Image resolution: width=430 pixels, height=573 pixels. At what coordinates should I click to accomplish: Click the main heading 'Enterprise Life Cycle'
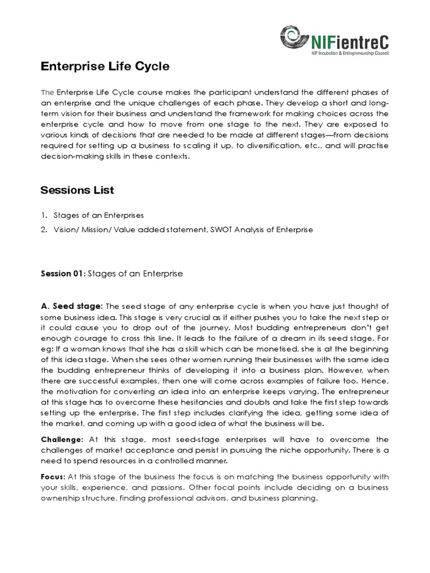(x=105, y=67)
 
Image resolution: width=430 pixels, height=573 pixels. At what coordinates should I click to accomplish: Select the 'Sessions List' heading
(x=77, y=190)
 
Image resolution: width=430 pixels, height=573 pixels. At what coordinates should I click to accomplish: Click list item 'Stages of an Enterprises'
(x=99, y=215)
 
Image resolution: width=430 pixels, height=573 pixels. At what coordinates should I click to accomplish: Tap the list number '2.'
(x=44, y=229)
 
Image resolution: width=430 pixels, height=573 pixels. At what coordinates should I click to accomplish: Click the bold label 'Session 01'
(x=61, y=274)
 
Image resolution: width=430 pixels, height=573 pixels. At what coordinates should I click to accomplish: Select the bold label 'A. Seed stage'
(x=71, y=306)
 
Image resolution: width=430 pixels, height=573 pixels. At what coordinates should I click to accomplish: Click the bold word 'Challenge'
(x=62, y=439)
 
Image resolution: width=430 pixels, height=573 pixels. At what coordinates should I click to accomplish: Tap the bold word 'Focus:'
(x=53, y=476)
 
